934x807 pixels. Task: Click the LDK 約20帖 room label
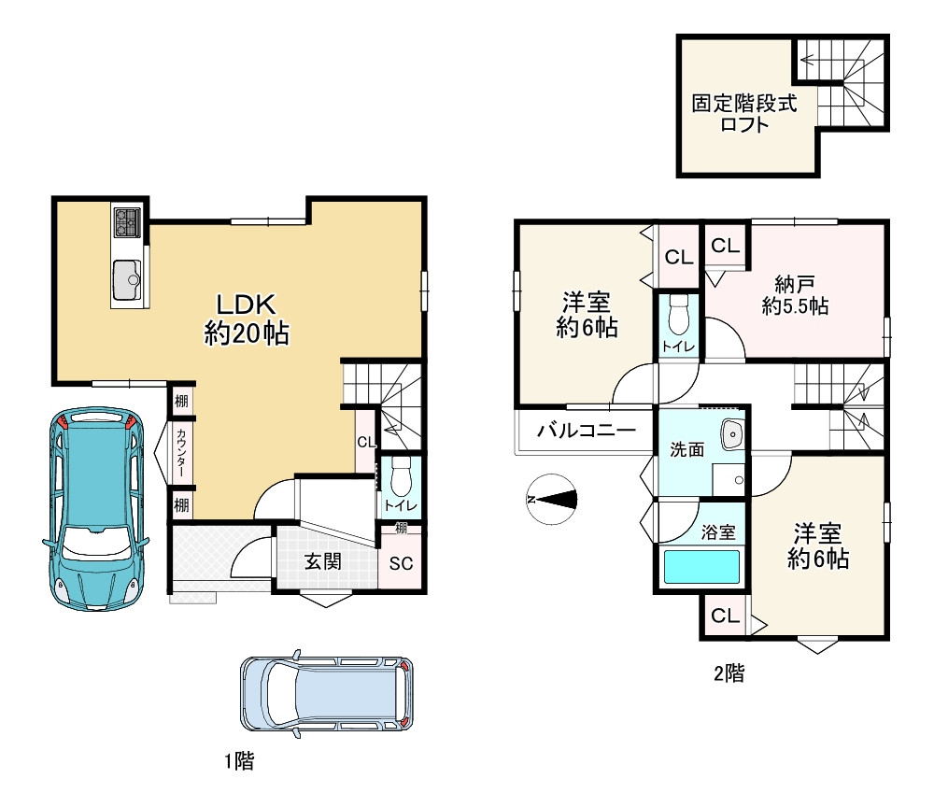[x=247, y=319]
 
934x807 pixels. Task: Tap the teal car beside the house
[x=95, y=509]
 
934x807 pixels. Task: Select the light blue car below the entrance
[x=326, y=694]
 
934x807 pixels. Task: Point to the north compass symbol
[x=552, y=499]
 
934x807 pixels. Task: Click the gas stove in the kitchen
[x=127, y=222]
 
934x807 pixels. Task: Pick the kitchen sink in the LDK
[x=127, y=280]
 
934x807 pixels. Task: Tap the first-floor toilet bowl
[x=402, y=476]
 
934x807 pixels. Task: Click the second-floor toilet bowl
[x=678, y=315]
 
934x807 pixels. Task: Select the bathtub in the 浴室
[x=701, y=567]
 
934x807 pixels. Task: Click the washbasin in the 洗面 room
[x=732, y=434]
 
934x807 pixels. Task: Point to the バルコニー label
[x=587, y=430]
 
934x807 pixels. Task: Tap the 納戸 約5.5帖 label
[x=795, y=295]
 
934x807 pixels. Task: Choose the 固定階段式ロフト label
[x=744, y=113]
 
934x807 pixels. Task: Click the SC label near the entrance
[x=401, y=563]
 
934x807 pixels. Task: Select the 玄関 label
[x=323, y=561]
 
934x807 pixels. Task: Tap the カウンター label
[x=181, y=453]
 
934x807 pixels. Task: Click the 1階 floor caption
[x=239, y=760]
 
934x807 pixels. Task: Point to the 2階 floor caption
[x=729, y=673]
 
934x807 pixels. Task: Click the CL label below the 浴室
[x=725, y=616]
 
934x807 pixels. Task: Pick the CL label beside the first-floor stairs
[x=367, y=442]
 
